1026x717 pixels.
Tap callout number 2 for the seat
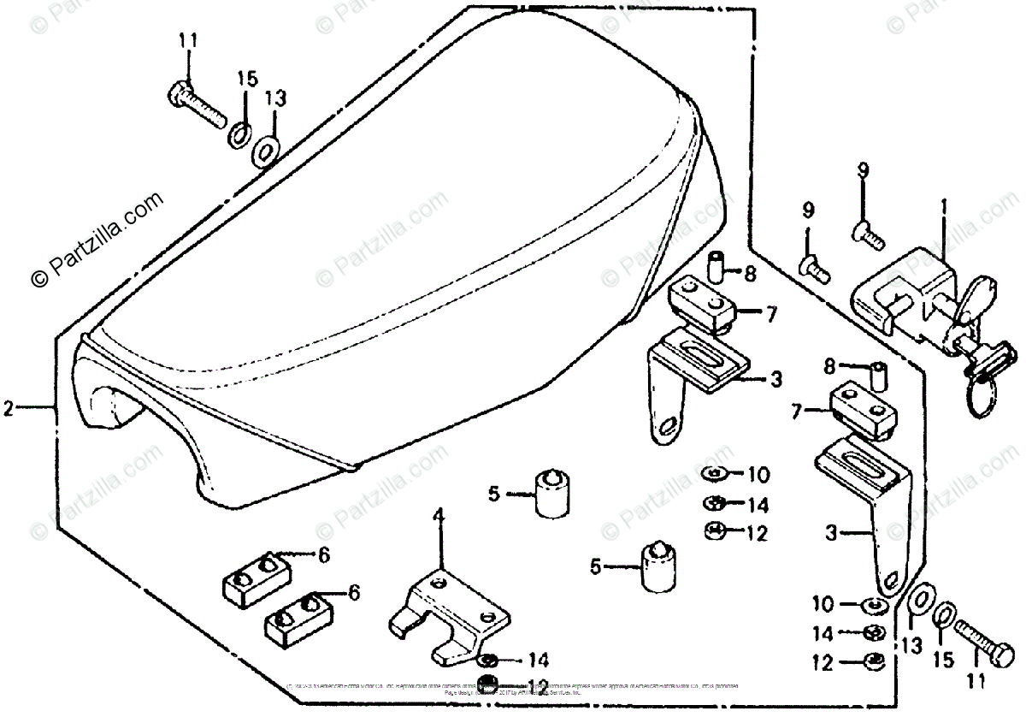pyautogui.click(x=9, y=409)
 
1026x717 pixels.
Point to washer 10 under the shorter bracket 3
pyautogui.click(x=715, y=473)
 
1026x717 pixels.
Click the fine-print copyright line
pyautogui.click(x=513, y=688)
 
